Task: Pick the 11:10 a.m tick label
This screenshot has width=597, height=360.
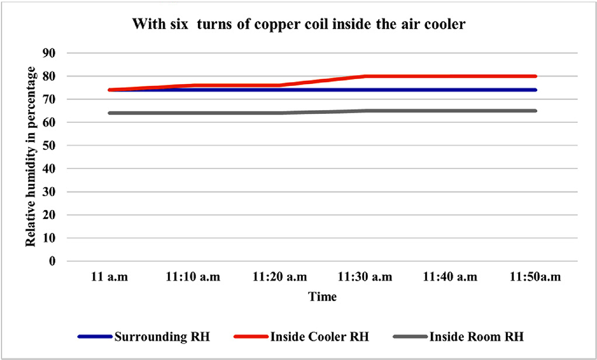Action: tap(194, 277)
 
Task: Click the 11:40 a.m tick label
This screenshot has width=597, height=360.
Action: tap(450, 277)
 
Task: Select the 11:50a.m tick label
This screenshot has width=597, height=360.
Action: tap(535, 277)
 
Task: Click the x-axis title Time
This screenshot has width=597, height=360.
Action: tap(322, 297)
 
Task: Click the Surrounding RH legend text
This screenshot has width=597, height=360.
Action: tap(162, 337)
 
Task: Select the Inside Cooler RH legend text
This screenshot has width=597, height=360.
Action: tap(320, 337)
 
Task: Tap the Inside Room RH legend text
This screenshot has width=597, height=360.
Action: tap(476, 337)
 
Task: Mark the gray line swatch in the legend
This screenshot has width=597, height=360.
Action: tap(409, 337)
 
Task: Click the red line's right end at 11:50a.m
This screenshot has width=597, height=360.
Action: tap(535, 76)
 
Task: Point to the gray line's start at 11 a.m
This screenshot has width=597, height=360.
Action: tap(110, 113)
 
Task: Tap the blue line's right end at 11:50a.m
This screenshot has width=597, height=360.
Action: tap(535, 90)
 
